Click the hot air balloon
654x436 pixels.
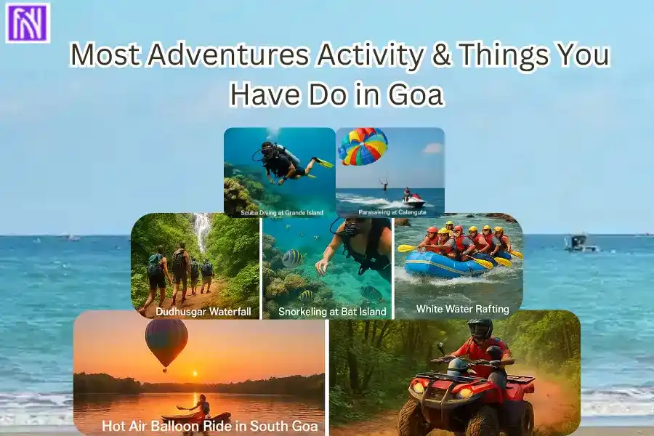coord(166,340)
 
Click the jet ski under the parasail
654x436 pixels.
coord(413,200)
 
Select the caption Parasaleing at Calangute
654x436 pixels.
coord(389,213)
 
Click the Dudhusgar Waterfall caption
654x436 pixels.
coord(196,311)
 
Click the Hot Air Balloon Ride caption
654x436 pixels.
coord(210,426)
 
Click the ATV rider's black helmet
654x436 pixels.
coord(480,329)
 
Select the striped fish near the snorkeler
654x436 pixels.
coord(293,257)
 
